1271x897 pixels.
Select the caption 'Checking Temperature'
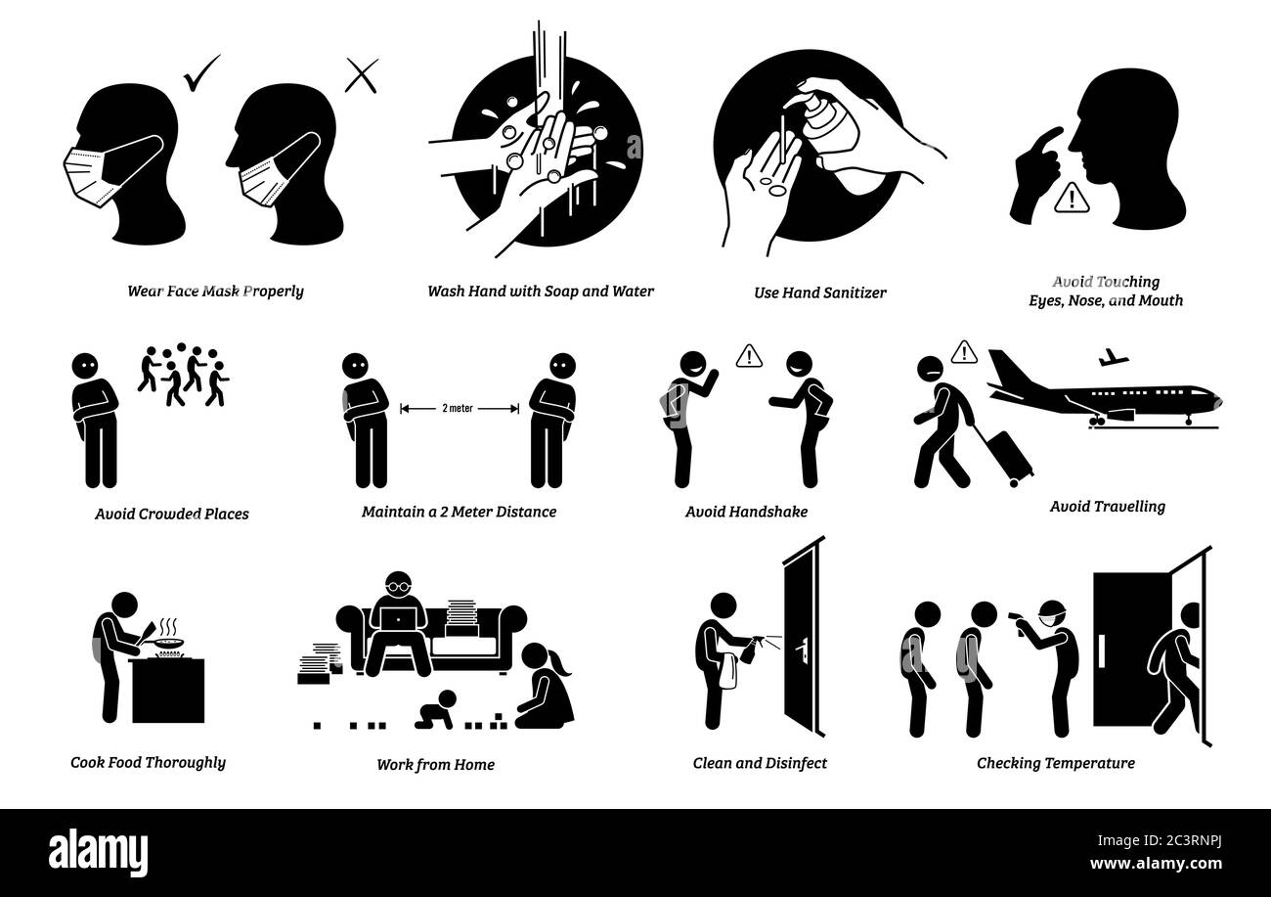(1056, 763)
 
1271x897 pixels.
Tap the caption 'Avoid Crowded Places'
(172, 514)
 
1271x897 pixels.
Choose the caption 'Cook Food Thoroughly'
(148, 762)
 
